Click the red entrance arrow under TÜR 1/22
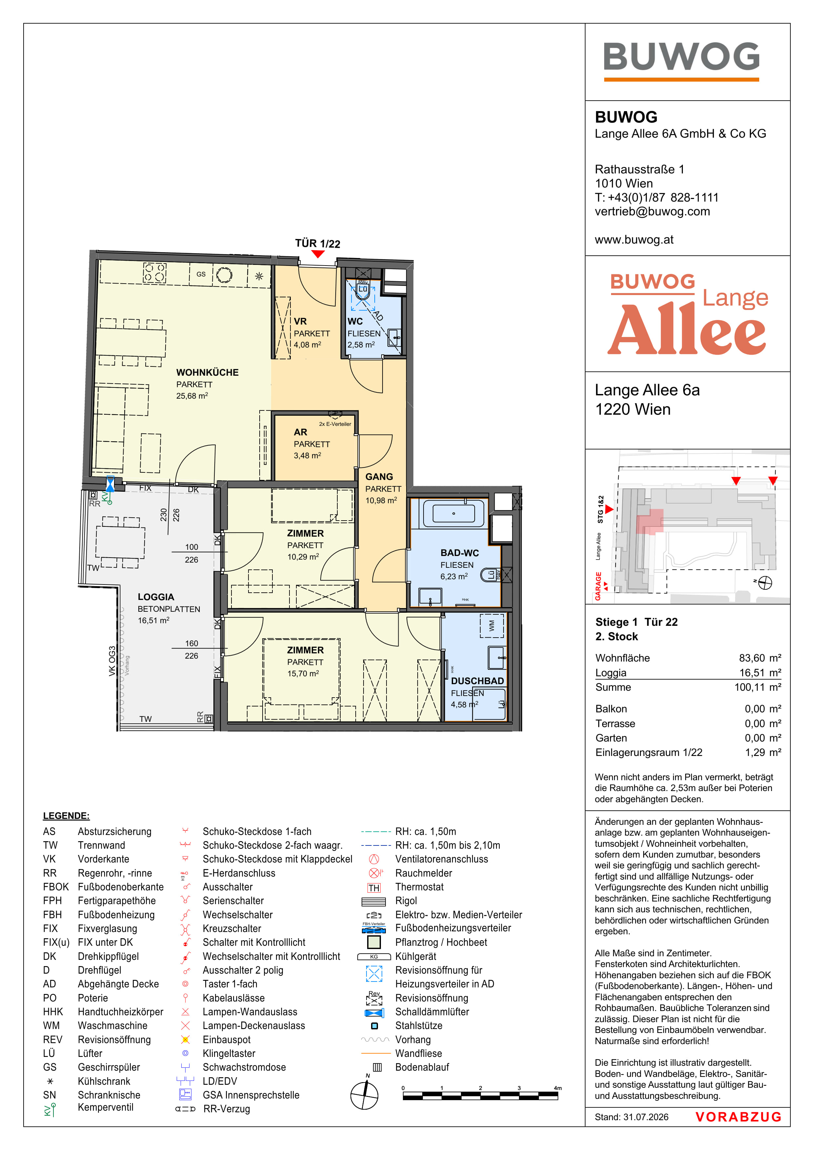point(318,254)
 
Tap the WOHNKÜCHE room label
point(208,373)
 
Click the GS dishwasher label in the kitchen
point(201,274)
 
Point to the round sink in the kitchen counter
point(224,275)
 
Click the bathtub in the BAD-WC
point(454,513)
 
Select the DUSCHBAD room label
point(477,681)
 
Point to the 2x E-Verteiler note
point(335,424)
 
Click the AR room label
point(301,432)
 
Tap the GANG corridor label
point(379,477)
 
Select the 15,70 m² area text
point(303,674)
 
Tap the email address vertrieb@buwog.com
point(652,211)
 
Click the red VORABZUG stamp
point(738,1117)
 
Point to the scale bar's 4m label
point(558,1088)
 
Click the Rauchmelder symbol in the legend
point(374,873)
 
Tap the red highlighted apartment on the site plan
point(650,522)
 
